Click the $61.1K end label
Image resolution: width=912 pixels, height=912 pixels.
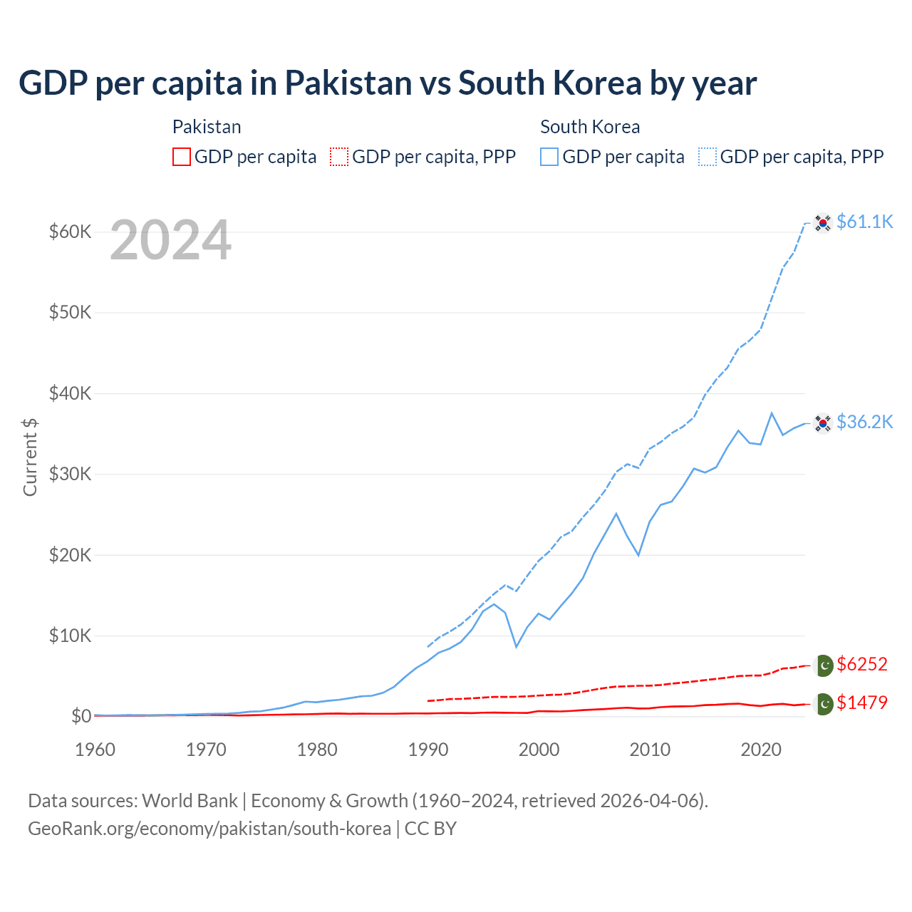[864, 222]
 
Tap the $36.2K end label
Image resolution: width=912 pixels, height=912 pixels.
[864, 422]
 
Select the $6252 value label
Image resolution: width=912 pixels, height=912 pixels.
[861, 664]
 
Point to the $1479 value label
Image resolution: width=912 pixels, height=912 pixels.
[861, 703]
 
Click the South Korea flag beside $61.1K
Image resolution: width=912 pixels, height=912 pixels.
[823, 223]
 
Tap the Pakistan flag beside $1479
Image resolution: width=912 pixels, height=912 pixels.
[824, 704]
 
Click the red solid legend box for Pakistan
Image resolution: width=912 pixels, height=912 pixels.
[182, 157]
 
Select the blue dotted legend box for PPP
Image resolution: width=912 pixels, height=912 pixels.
[708, 157]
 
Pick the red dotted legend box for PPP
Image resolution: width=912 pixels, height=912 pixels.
[339, 157]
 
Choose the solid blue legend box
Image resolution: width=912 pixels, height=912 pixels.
[549, 157]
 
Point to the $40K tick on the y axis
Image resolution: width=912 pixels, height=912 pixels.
[70, 393]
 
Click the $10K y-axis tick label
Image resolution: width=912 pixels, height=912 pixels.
[70, 636]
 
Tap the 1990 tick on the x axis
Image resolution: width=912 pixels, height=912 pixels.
[428, 750]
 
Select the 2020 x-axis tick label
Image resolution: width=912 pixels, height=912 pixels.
[761, 750]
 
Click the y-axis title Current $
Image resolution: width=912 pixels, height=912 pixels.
[30, 457]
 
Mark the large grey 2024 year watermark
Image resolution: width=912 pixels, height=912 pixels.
[170, 241]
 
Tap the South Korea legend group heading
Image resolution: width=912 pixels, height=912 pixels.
[590, 127]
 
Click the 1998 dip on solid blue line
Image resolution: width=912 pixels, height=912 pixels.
[517, 646]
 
